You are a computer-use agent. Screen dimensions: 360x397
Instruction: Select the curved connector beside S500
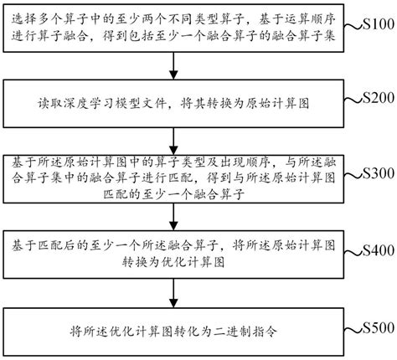click(x=350, y=327)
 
